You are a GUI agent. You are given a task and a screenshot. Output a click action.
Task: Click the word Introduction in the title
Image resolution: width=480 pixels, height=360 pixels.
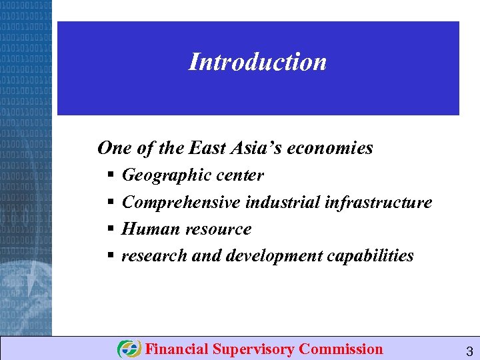257,62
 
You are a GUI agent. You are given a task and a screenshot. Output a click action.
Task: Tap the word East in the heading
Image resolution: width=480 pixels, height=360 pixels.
209,147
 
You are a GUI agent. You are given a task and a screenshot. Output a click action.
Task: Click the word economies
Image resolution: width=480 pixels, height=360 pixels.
332,148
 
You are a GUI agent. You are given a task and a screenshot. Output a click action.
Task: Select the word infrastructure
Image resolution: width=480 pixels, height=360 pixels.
379,202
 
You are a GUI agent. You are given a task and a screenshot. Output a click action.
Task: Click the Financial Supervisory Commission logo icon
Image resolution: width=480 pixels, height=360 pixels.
129,349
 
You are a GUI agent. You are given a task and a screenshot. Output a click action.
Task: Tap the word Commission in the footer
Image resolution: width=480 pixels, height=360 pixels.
341,349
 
